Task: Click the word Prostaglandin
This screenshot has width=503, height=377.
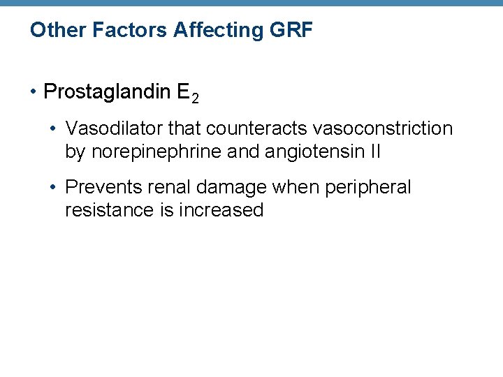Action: coord(105,92)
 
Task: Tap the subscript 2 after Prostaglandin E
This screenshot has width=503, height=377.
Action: coord(195,99)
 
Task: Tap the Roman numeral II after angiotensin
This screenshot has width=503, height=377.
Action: coord(374,151)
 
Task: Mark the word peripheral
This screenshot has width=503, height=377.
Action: coord(370,187)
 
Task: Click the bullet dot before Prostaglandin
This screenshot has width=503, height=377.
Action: coord(33,92)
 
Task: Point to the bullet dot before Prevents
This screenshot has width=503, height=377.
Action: coord(54,187)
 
